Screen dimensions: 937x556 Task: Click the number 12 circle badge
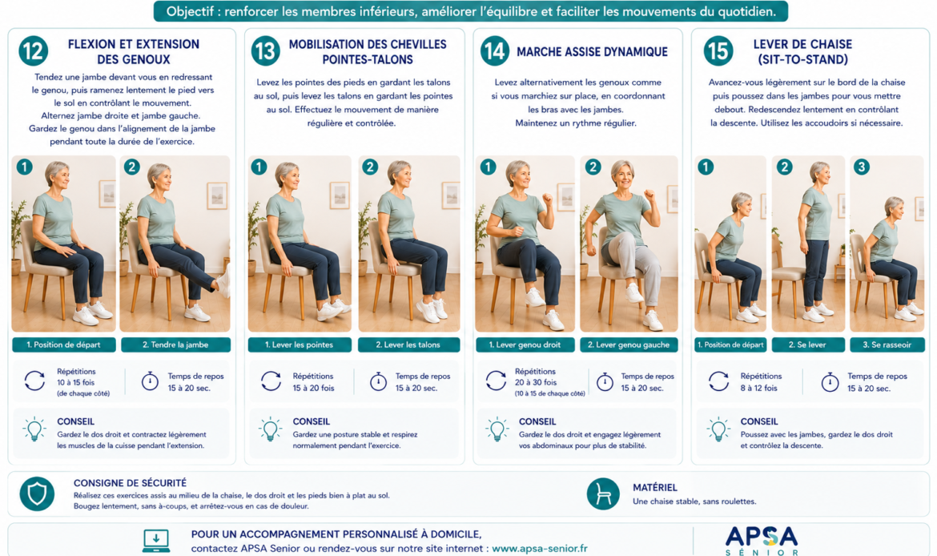34,51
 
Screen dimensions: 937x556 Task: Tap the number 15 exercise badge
718,51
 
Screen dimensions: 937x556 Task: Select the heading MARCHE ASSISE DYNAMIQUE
592,52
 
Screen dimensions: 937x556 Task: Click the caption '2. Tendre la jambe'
175,345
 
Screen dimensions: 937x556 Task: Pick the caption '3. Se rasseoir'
887,345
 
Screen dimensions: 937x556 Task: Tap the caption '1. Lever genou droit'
525,345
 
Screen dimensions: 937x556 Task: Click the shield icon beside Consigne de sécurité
37,494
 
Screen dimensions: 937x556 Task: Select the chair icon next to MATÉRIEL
603,494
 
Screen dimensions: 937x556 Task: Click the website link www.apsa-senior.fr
540,548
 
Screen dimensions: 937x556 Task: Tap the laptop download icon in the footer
156,540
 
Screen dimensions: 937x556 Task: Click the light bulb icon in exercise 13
270,429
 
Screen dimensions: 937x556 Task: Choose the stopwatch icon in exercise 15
830,381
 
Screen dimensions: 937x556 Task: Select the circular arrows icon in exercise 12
34,381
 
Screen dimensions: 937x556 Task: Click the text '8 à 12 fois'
759,388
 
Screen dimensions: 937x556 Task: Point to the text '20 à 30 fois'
536,382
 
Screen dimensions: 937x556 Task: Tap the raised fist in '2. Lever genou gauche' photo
649,195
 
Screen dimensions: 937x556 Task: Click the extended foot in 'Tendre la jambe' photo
224,281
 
